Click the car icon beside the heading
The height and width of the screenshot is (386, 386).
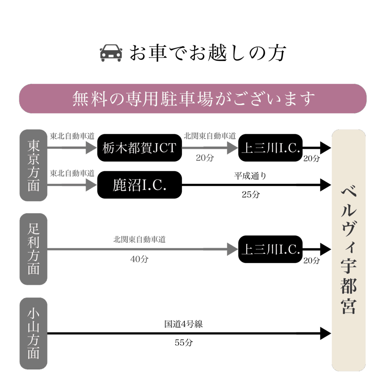click(111, 53)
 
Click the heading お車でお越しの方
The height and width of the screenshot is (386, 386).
click(208, 53)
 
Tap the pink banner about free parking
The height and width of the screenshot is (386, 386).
click(193, 99)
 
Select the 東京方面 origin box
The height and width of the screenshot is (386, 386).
click(34, 165)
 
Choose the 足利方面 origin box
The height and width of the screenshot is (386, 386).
click(34, 249)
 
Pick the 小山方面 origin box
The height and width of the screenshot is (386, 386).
click(34, 333)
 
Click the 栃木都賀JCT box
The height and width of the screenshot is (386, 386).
click(139, 148)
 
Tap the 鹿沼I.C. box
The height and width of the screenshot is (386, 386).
click(139, 185)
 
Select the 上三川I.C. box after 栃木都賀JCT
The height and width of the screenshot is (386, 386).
click(270, 148)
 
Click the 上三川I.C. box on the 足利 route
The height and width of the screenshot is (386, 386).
click(270, 249)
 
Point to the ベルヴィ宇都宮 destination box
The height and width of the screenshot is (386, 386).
click(349, 250)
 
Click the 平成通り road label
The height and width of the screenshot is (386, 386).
click(250, 176)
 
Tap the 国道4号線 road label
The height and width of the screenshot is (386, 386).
click(184, 324)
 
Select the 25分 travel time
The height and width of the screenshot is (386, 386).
click(251, 195)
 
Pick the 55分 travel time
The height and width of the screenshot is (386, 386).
click(184, 343)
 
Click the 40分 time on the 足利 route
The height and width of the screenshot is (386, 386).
click(139, 259)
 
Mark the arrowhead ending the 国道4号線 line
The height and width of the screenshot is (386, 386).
click(325, 333)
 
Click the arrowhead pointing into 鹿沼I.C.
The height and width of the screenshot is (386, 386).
click(91, 185)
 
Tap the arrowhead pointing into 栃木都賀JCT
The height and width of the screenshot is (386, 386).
click(91, 148)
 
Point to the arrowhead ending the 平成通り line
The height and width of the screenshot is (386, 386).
click(325, 185)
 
